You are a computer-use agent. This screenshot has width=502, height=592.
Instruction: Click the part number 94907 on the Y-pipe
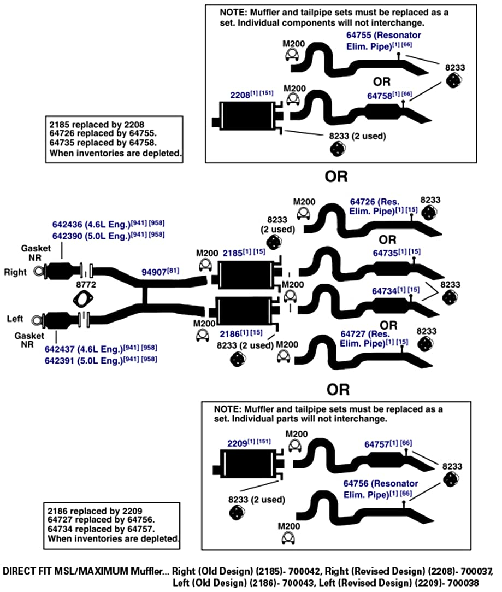click(x=154, y=272)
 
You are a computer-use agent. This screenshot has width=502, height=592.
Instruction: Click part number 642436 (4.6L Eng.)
click(x=91, y=225)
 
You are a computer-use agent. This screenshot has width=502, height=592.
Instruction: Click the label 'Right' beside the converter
click(x=15, y=272)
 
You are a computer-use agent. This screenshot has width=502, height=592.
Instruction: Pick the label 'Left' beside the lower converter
click(x=15, y=319)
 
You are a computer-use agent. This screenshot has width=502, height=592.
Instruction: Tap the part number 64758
click(x=380, y=96)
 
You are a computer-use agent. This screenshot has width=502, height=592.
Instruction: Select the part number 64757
click(x=377, y=445)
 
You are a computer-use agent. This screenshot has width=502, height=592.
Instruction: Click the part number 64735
click(x=386, y=253)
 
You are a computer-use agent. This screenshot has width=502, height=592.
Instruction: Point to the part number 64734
click(x=385, y=291)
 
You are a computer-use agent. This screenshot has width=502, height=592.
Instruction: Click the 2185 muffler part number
click(x=232, y=253)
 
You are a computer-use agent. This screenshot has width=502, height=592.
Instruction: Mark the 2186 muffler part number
click(x=229, y=334)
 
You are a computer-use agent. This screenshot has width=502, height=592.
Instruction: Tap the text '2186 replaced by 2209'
click(x=95, y=511)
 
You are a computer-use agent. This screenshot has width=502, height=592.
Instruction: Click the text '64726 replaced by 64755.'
click(x=103, y=133)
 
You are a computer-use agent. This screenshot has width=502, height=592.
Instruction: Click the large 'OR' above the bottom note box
click(x=338, y=390)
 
